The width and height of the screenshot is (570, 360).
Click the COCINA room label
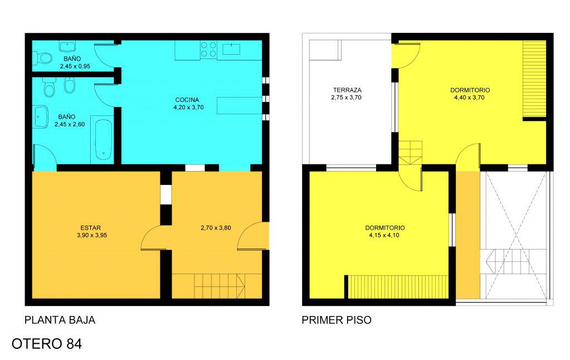(187, 100)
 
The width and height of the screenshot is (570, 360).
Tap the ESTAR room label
(90, 228)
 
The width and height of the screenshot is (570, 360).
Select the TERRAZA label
(347, 90)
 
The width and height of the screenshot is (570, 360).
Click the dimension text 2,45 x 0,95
(75, 66)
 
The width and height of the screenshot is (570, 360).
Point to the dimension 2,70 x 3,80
(216, 228)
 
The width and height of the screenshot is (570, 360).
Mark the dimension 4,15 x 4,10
(384, 235)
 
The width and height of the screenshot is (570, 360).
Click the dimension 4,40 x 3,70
(469, 98)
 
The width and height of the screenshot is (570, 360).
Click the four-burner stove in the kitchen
(208, 50)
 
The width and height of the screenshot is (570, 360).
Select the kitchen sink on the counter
(231, 48)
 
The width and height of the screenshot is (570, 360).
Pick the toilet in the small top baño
(42, 57)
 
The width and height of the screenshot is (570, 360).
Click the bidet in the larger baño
(69, 85)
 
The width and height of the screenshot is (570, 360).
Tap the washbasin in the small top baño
(67, 47)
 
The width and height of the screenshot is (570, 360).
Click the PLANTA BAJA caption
(60, 320)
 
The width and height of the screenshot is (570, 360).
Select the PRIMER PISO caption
(337, 320)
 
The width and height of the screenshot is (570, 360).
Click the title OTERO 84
(47, 344)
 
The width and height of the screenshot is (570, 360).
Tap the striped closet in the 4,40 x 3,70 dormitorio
(534, 80)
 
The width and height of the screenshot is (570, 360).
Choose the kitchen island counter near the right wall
(240, 105)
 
